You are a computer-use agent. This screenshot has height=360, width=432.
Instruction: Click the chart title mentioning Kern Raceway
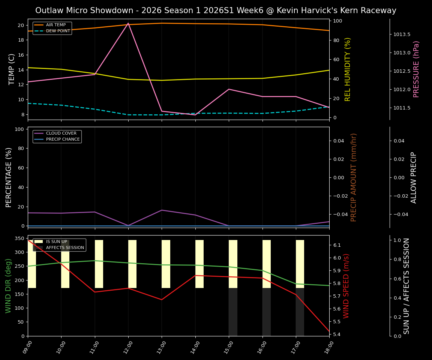(216, 10)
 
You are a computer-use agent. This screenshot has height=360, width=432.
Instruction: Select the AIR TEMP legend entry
(55, 25)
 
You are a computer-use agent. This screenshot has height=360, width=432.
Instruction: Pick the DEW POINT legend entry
(58, 31)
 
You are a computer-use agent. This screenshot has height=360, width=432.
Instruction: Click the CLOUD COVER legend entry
(61, 133)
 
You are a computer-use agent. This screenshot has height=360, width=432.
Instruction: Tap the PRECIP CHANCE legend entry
(63, 139)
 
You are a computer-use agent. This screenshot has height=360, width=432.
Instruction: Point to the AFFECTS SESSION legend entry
(65, 248)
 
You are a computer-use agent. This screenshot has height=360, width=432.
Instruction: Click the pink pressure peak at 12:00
(128, 23)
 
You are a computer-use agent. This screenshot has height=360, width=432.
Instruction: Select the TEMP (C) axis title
(12, 69)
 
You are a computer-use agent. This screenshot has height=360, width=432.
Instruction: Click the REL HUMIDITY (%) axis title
(348, 69)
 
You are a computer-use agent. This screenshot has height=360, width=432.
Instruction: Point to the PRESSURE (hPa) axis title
(416, 69)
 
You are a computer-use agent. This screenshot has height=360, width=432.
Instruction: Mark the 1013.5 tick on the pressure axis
(402, 34)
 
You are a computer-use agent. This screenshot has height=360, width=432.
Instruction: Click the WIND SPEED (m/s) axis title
(346, 286)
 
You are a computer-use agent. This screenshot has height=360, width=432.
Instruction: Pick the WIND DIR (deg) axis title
(8, 286)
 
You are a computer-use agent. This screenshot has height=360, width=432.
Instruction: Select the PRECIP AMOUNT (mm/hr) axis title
(354, 177)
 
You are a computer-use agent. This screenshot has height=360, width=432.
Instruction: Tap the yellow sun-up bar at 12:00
(132, 264)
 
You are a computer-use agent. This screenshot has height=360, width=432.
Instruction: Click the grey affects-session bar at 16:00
(266, 312)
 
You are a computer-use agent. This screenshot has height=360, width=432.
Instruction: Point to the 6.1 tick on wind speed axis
(337, 245)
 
